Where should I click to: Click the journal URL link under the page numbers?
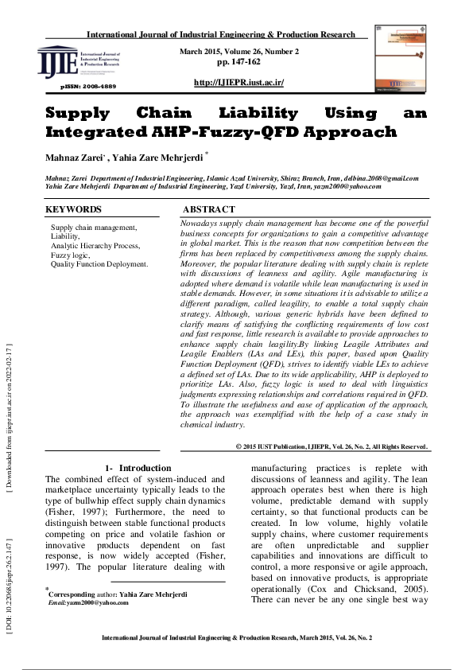[x=238, y=83]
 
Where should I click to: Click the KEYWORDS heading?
[x=73, y=210]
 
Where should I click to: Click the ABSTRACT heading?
[x=209, y=210]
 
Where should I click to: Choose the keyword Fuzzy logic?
[x=71, y=255]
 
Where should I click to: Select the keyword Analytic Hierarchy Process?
[x=95, y=246]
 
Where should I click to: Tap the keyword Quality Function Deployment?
[x=99, y=264]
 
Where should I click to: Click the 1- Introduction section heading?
[x=138, y=468]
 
